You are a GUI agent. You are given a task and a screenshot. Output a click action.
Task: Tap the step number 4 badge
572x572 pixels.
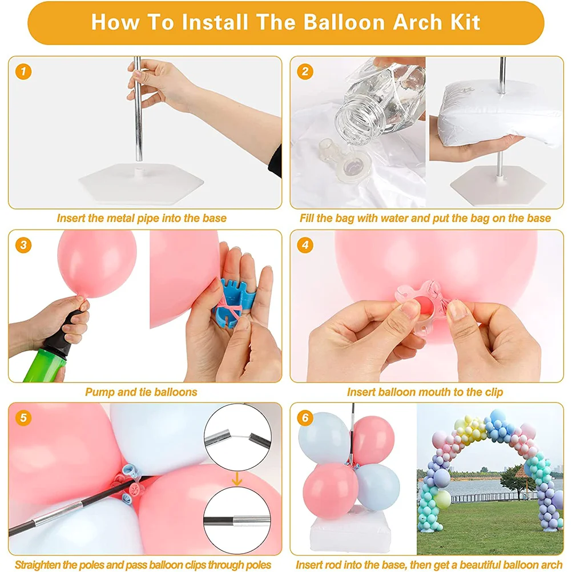306,245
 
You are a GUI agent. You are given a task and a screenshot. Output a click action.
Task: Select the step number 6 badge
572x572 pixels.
305,418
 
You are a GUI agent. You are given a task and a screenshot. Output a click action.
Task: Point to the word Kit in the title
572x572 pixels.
463,22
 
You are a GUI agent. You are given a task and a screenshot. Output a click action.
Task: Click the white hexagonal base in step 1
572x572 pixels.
142,183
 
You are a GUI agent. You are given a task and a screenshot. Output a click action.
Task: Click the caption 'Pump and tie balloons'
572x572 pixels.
141,392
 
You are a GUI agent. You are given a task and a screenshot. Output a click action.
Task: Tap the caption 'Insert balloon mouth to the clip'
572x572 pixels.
425,392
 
